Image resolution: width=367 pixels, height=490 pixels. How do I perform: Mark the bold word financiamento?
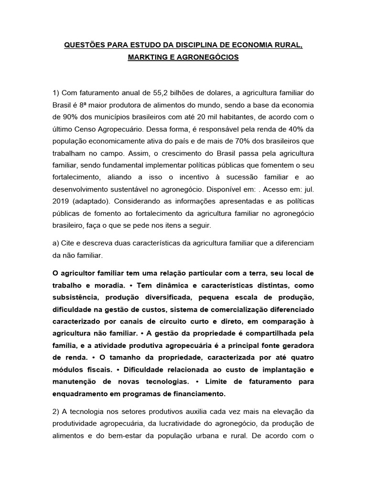pyautogui.click(x=196, y=394)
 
